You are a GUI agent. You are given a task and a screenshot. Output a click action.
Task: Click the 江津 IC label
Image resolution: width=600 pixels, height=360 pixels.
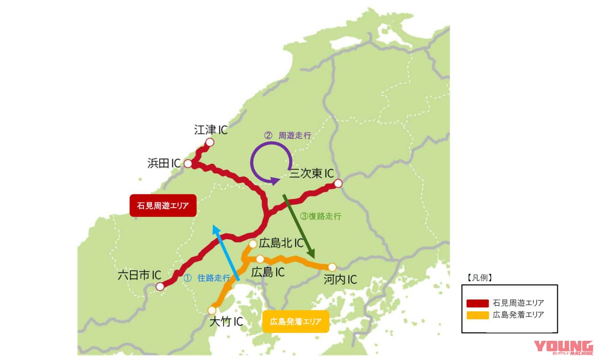click(x=210, y=130)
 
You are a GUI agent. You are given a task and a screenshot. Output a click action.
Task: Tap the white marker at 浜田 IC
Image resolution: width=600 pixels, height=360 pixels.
click(x=188, y=164)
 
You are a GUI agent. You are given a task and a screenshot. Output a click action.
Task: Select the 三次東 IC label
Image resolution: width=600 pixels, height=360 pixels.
click(x=311, y=173)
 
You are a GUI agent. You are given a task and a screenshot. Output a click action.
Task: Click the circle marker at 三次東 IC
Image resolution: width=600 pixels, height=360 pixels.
click(x=338, y=183)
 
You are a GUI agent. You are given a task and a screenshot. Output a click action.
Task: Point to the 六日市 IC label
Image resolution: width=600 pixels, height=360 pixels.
click(x=140, y=275)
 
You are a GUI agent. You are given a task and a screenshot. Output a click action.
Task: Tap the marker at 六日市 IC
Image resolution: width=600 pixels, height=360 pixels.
click(x=160, y=286)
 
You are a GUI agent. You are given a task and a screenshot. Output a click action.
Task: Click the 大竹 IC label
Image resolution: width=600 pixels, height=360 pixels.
click(x=225, y=322)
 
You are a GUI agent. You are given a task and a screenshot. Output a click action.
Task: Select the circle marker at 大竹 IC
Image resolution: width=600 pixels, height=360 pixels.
click(x=212, y=310)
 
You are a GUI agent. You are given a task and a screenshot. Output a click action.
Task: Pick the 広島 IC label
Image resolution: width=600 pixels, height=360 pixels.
click(x=268, y=272)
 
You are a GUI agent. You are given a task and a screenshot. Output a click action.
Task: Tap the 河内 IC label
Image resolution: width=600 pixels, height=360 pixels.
click(x=340, y=280)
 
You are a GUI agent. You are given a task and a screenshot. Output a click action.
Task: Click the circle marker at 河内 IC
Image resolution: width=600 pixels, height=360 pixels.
click(x=332, y=267)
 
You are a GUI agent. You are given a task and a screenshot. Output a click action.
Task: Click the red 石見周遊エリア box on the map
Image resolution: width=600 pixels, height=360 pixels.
click(x=163, y=205)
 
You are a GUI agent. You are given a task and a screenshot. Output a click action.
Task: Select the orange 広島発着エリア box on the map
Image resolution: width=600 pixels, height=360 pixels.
click(x=296, y=322)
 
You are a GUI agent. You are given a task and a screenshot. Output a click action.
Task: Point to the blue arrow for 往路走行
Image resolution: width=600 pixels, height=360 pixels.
click(x=227, y=253)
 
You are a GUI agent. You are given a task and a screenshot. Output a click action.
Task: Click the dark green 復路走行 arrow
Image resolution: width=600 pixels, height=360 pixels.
click(x=298, y=225)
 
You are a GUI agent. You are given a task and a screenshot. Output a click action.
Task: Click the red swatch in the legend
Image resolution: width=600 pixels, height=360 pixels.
click(x=477, y=302)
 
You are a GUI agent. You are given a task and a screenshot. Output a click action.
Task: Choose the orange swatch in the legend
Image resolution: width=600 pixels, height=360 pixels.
click(x=477, y=315)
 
